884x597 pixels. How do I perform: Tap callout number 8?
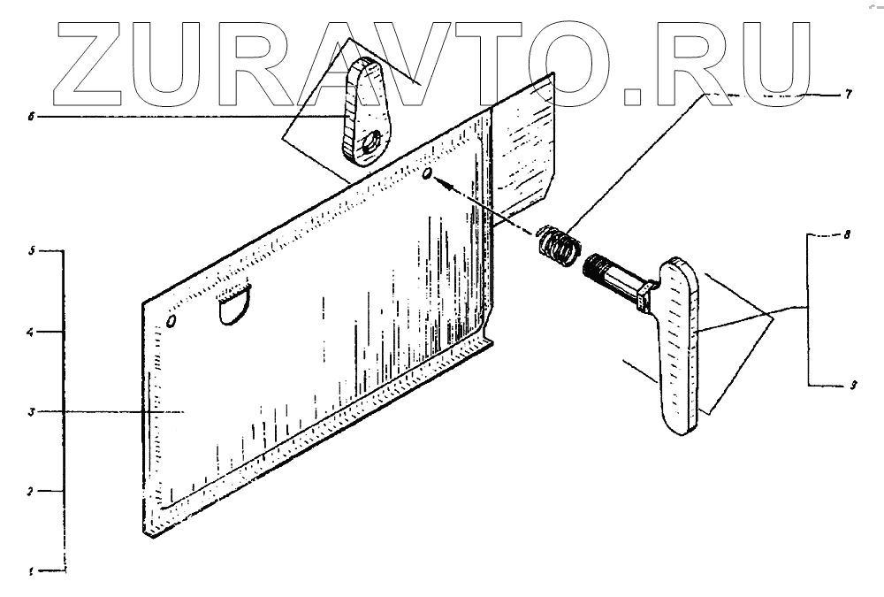847,237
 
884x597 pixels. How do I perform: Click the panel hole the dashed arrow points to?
428,175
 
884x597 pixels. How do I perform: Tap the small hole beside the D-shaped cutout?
172,318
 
